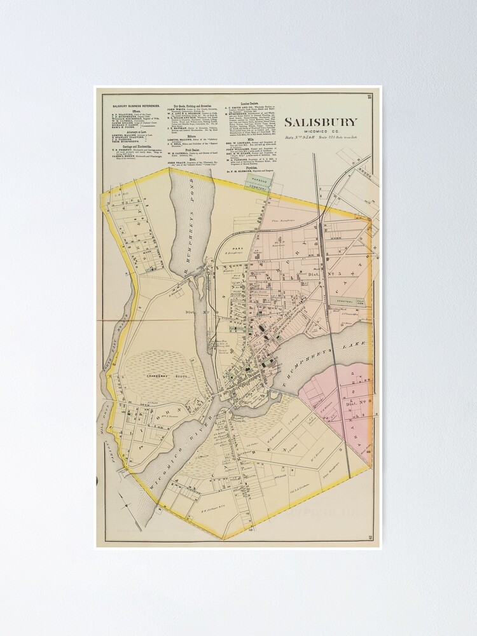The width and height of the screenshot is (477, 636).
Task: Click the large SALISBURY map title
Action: pos(321,122)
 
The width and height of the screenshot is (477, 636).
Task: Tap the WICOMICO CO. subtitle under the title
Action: pos(321,133)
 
